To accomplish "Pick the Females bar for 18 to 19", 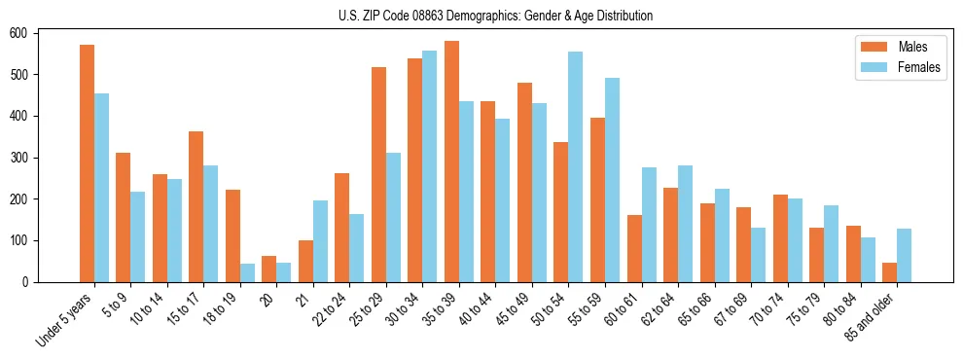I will (247, 272).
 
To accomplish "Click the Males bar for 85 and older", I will (890, 272).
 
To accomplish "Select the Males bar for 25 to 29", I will (378, 174).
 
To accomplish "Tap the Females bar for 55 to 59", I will (612, 180).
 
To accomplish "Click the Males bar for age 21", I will (305, 261).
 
